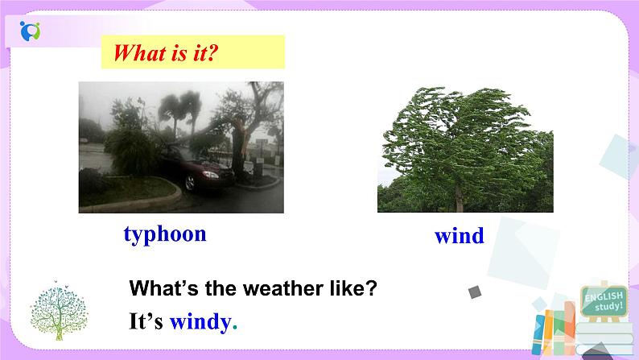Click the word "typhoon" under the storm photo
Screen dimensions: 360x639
(x=165, y=234)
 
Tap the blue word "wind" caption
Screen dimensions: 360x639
(x=459, y=236)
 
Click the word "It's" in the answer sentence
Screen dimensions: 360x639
(x=146, y=322)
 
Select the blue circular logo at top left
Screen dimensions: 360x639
(x=30, y=31)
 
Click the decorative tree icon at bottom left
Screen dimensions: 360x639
(x=55, y=309)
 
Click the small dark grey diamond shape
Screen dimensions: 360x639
(x=475, y=292)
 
